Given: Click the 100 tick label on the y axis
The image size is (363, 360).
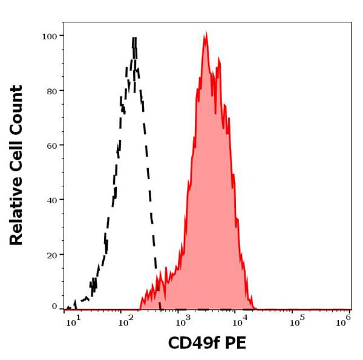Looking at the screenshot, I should point(50,36).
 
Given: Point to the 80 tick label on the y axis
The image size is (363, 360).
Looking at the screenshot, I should point(52,91).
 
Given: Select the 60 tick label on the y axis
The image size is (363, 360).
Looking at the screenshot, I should point(52,145).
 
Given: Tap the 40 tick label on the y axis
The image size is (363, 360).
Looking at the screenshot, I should point(52,200).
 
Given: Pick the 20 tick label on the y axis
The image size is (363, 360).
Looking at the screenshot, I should point(52,255).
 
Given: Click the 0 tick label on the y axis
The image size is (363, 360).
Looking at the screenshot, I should point(54,306).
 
